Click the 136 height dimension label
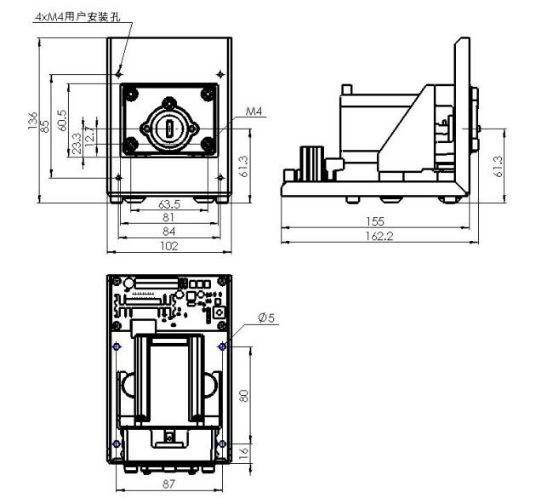pyautogui.click(x=32, y=121)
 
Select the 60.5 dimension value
pyautogui.click(x=62, y=120)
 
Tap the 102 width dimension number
pyautogui.click(x=169, y=246)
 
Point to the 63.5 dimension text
pyautogui.click(x=169, y=204)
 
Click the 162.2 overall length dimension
pyautogui.click(x=379, y=237)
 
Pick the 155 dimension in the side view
pyautogui.click(x=375, y=221)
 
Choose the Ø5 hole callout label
pyautogui.click(x=266, y=318)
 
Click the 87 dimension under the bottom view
pyautogui.click(x=168, y=484)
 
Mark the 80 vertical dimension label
pyautogui.click(x=244, y=396)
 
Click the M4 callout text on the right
pyautogui.click(x=254, y=112)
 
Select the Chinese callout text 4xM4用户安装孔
pyautogui.click(x=78, y=17)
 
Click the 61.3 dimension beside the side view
pyautogui.click(x=499, y=166)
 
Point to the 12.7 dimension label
pyautogui.click(x=89, y=135)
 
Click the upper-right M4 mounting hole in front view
pyautogui.click(x=220, y=74)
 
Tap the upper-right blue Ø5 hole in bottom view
pyautogui.click(x=222, y=346)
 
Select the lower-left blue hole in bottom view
pyautogui.click(x=117, y=444)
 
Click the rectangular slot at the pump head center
pyautogui.click(x=169, y=129)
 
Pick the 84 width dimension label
pyautogui.click(x=168, y=231)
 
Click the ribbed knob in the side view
pyautogui.click(x=312, y=163)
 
